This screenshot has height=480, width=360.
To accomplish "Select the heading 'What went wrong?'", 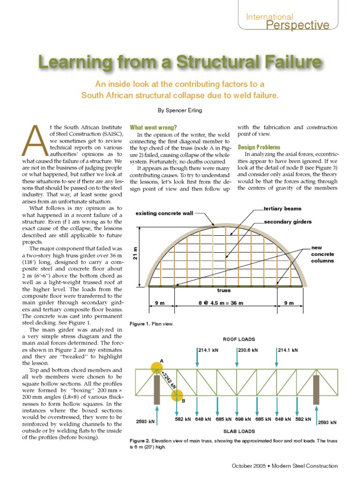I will [x=153, y=127].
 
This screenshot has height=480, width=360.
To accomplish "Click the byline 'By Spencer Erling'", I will [x=180, y=111].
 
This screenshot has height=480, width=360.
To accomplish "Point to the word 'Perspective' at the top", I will [x=298, y=25].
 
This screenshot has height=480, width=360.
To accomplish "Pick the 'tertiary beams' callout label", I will [x=282, y=209].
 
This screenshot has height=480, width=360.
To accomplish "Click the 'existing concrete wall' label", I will [x=164, y=213].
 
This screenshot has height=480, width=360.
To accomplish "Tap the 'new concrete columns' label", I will [x=322, y=254].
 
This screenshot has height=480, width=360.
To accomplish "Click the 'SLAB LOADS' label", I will [x=237, y=431].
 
